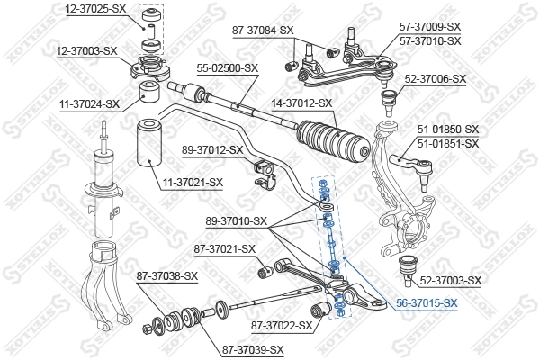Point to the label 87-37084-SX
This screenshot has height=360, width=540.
(264, 30)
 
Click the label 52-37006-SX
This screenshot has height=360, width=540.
(436, 78)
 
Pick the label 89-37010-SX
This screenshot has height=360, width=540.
(237, 220)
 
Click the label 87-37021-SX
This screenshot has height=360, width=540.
(224, 248)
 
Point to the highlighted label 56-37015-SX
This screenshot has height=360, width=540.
(427, 304)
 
